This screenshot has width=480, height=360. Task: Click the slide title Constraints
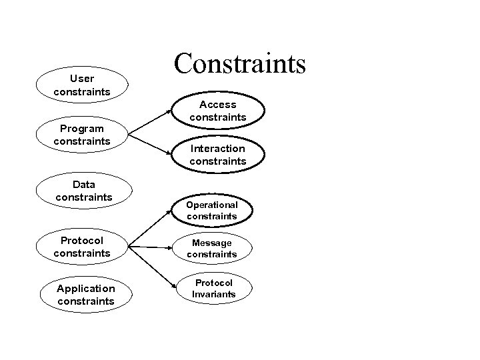[239, 64]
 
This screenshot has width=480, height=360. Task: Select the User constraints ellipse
[82, 85]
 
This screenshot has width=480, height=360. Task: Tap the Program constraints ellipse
[82, 135]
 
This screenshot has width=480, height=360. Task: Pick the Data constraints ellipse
[84, 191]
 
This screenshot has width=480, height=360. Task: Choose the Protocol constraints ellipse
[82, 247]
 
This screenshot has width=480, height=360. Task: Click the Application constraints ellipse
[86, 295]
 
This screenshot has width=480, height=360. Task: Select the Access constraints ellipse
[217, 111]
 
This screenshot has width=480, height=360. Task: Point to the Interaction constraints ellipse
[217, 155]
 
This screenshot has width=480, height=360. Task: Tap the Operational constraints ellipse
[212, 211]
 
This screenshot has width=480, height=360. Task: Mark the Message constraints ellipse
[212, 249]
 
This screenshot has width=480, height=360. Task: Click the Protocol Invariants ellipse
[213, 289]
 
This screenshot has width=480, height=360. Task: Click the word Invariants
[213, 294]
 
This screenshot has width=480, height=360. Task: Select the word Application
[86, 289]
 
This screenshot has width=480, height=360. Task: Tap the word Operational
[212, 205]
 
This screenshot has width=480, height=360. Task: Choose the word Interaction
[217, 149]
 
